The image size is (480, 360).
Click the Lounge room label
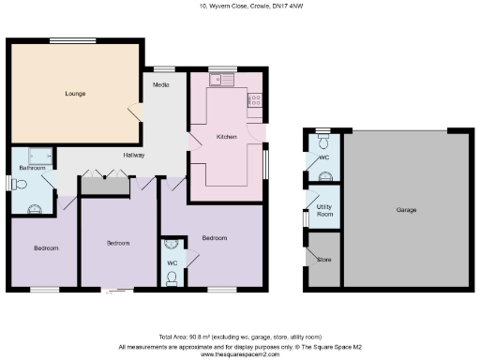coord(76,94)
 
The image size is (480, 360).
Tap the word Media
coord(161,85)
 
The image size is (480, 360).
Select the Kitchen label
coord(226,137)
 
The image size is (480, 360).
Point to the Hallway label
coord(133,155)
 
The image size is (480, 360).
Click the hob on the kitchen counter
coord(256,99)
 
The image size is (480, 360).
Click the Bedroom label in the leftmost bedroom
coord(46,248)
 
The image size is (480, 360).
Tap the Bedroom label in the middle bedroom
coord(117,244)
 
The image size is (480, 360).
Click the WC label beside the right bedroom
coord(172,263)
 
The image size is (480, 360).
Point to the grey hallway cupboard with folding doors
coord(103,185)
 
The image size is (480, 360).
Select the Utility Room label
coord(325,211)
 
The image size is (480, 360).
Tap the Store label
coord(324,260)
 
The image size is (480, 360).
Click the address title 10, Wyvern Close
coord(240,7)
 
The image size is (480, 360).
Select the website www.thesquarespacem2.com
coord(240,354)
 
